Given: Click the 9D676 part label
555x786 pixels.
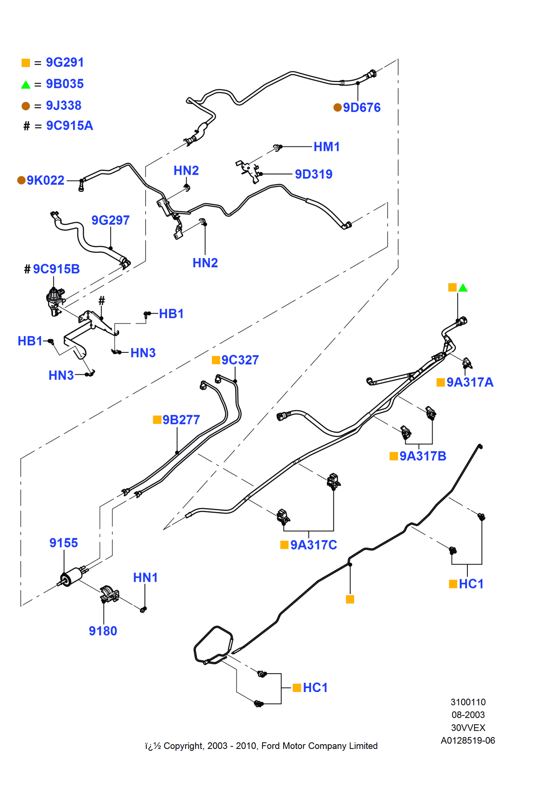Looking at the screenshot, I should coord(362,108).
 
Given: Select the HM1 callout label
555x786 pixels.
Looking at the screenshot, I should coord(326,147).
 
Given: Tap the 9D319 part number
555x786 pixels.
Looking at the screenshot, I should coord(314,174).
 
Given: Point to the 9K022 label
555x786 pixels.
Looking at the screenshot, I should coord(45,180).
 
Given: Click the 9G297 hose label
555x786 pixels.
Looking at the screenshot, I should coord(111,220).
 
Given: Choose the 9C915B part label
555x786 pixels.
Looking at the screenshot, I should coord(56,269).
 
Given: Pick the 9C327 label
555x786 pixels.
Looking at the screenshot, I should coord(240,360).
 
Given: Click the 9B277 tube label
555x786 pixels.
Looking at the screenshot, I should coord(181,420).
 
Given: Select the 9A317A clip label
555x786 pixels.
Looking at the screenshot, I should coord(470,382).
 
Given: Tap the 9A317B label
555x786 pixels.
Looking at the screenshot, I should coord(423,456).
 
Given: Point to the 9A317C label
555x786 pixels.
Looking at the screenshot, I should coord(314,545).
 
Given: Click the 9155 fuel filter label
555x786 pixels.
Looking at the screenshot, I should coord(63,543).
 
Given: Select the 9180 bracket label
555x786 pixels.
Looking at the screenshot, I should coord(103,631).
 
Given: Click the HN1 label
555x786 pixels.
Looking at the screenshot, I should coord(145,578).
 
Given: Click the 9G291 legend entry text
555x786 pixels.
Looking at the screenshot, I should coord(65,63).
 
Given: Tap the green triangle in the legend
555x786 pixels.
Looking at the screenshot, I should coord(26,84).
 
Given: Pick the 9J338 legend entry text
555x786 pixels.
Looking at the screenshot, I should coord(64,106).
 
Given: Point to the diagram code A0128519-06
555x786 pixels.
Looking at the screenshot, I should coord(468,741).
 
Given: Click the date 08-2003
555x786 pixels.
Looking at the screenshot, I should coord(468,715).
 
